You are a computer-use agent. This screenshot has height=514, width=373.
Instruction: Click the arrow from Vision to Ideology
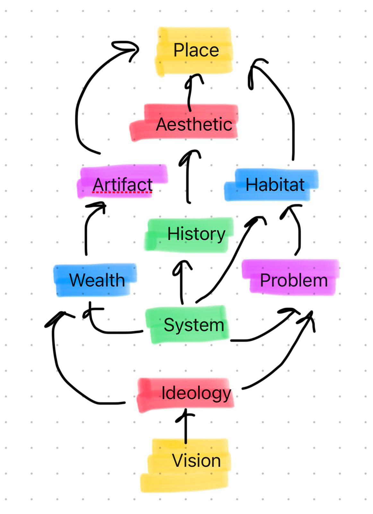point(186,427)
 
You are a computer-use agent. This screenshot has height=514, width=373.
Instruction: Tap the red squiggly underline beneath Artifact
point(122,192)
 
